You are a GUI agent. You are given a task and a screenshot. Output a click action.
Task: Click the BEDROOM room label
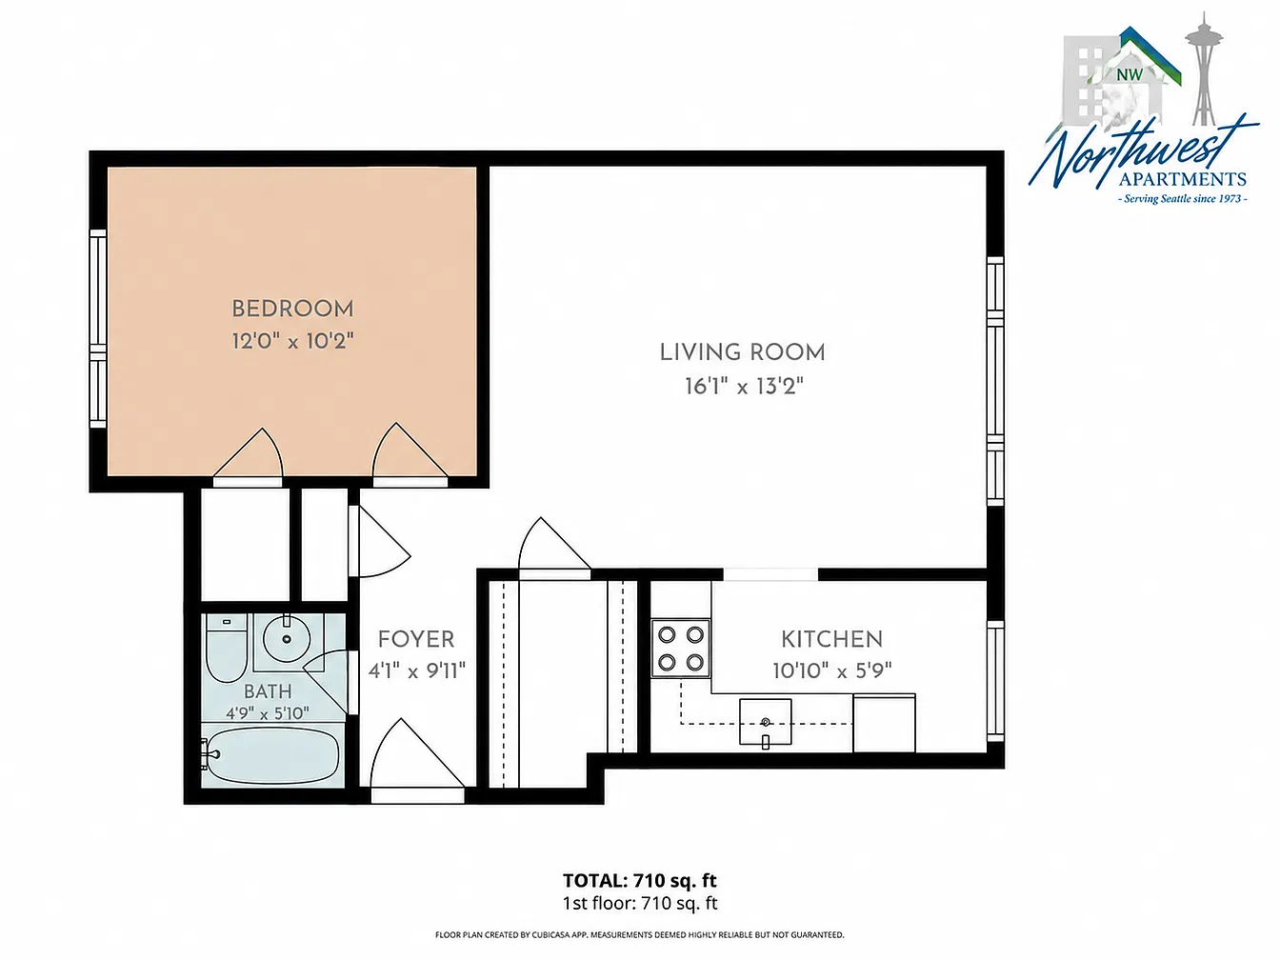click(x=292, y=309)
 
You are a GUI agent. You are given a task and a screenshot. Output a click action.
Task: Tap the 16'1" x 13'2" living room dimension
click(x=744, y=386)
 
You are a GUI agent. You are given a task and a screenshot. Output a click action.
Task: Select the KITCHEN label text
click(x=831, y=639)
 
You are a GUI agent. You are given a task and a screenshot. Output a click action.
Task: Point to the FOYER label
click(x=416, y=639)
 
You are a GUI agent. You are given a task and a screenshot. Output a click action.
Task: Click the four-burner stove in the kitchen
click(x=681, y=649)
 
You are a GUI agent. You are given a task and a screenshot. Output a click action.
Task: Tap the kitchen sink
click(x=766, y=722)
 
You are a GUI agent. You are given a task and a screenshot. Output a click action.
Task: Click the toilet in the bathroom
click(x=227, y=648)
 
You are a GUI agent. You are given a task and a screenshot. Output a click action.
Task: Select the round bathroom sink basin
click(x=287, y=639)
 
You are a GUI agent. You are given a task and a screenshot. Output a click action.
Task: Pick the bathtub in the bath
click(x=270, y=755)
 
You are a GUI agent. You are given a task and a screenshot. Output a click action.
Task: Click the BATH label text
click(x=268, y=691)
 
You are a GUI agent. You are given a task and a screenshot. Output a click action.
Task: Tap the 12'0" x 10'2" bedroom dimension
click(x=292, y=341)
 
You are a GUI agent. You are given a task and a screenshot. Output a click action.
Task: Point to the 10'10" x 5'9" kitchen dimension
click(x=832, y=671)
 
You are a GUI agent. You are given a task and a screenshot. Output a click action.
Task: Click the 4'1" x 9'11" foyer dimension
click(x=416, y=671)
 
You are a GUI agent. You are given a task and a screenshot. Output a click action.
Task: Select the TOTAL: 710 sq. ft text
click(x=640, y=880)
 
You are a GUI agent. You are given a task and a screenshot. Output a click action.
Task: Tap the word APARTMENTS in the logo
click(x=1183, y=178)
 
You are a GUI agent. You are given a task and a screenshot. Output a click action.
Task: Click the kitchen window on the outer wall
click(x=995, y=681)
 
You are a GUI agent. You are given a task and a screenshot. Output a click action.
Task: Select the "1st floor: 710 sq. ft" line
click(x=640, y=904)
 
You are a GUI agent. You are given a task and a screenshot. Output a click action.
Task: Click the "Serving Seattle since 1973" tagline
click(x=1183, y=199)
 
